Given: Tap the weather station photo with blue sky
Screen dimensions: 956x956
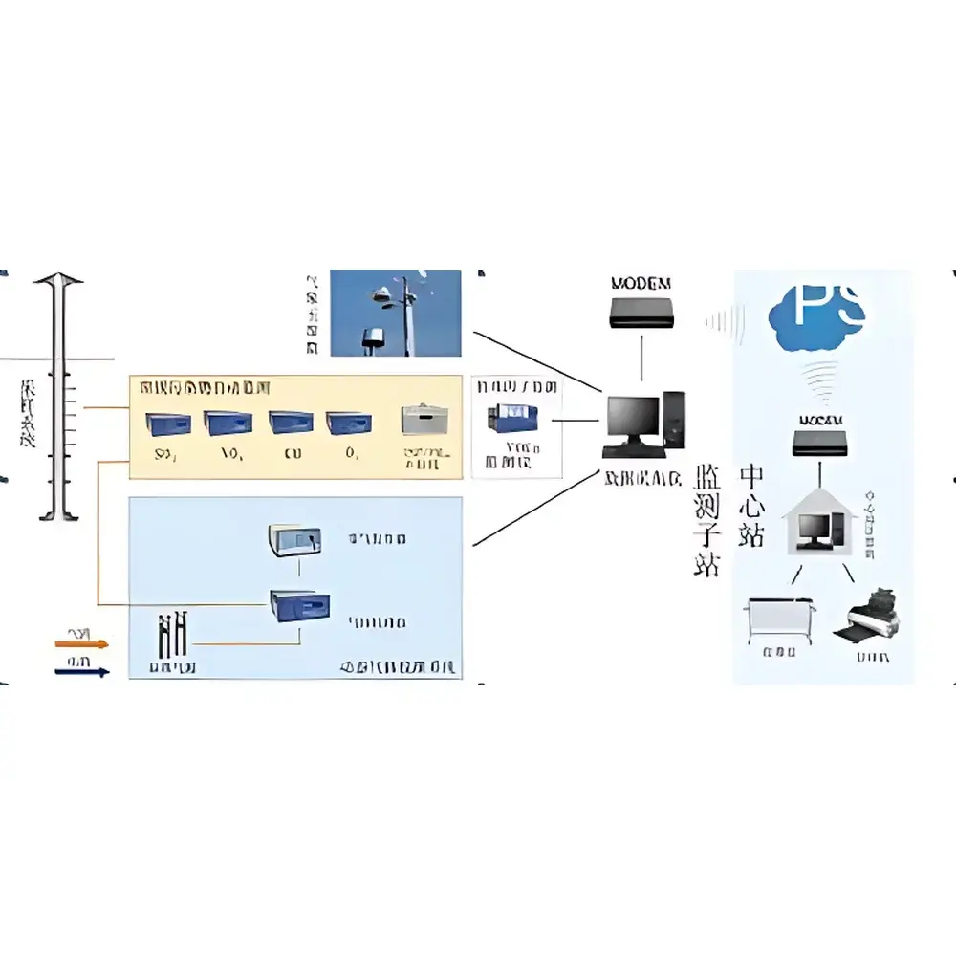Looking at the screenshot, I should [x=396, y=313].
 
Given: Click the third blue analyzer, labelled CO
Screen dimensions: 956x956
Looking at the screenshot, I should [x=291, y=424].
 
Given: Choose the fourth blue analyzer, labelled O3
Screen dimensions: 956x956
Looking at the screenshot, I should [x=347, y=424].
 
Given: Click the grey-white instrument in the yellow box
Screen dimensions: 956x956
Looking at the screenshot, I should [x=424, y=422].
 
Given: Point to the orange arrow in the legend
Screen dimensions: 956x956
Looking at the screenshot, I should [x=82, y=644].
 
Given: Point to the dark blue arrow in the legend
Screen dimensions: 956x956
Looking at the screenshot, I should [x=82, y=671].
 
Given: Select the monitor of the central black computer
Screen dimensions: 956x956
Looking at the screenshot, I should [x=634, y=417].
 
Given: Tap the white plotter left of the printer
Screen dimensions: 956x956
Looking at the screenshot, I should [x=779, y=617].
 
